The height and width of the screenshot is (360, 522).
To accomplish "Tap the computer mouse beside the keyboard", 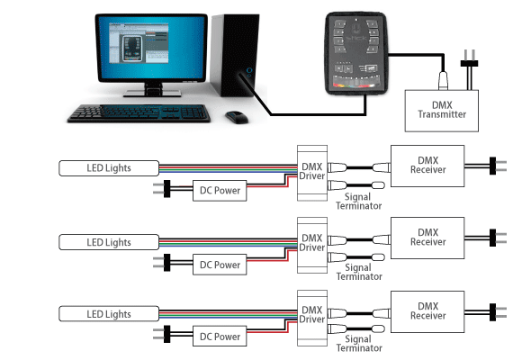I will pos(236,117).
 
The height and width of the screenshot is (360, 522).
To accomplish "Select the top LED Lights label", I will pos(109,167).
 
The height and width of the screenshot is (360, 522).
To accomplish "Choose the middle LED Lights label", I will pos(109,242).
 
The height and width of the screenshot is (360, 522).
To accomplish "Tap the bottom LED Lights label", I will pos(109,314).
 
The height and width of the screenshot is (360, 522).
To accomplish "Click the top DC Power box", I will pos(220,191).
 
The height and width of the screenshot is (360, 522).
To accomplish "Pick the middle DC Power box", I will pos(220,265).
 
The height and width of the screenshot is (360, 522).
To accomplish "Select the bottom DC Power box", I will pos(220,337).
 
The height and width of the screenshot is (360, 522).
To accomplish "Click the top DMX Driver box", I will pos(311,170).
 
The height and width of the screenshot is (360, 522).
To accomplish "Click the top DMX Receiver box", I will pos(427,165).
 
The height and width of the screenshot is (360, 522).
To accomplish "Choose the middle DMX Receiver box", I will pos(427,238).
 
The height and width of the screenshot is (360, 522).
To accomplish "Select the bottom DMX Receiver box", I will pos(427,311).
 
